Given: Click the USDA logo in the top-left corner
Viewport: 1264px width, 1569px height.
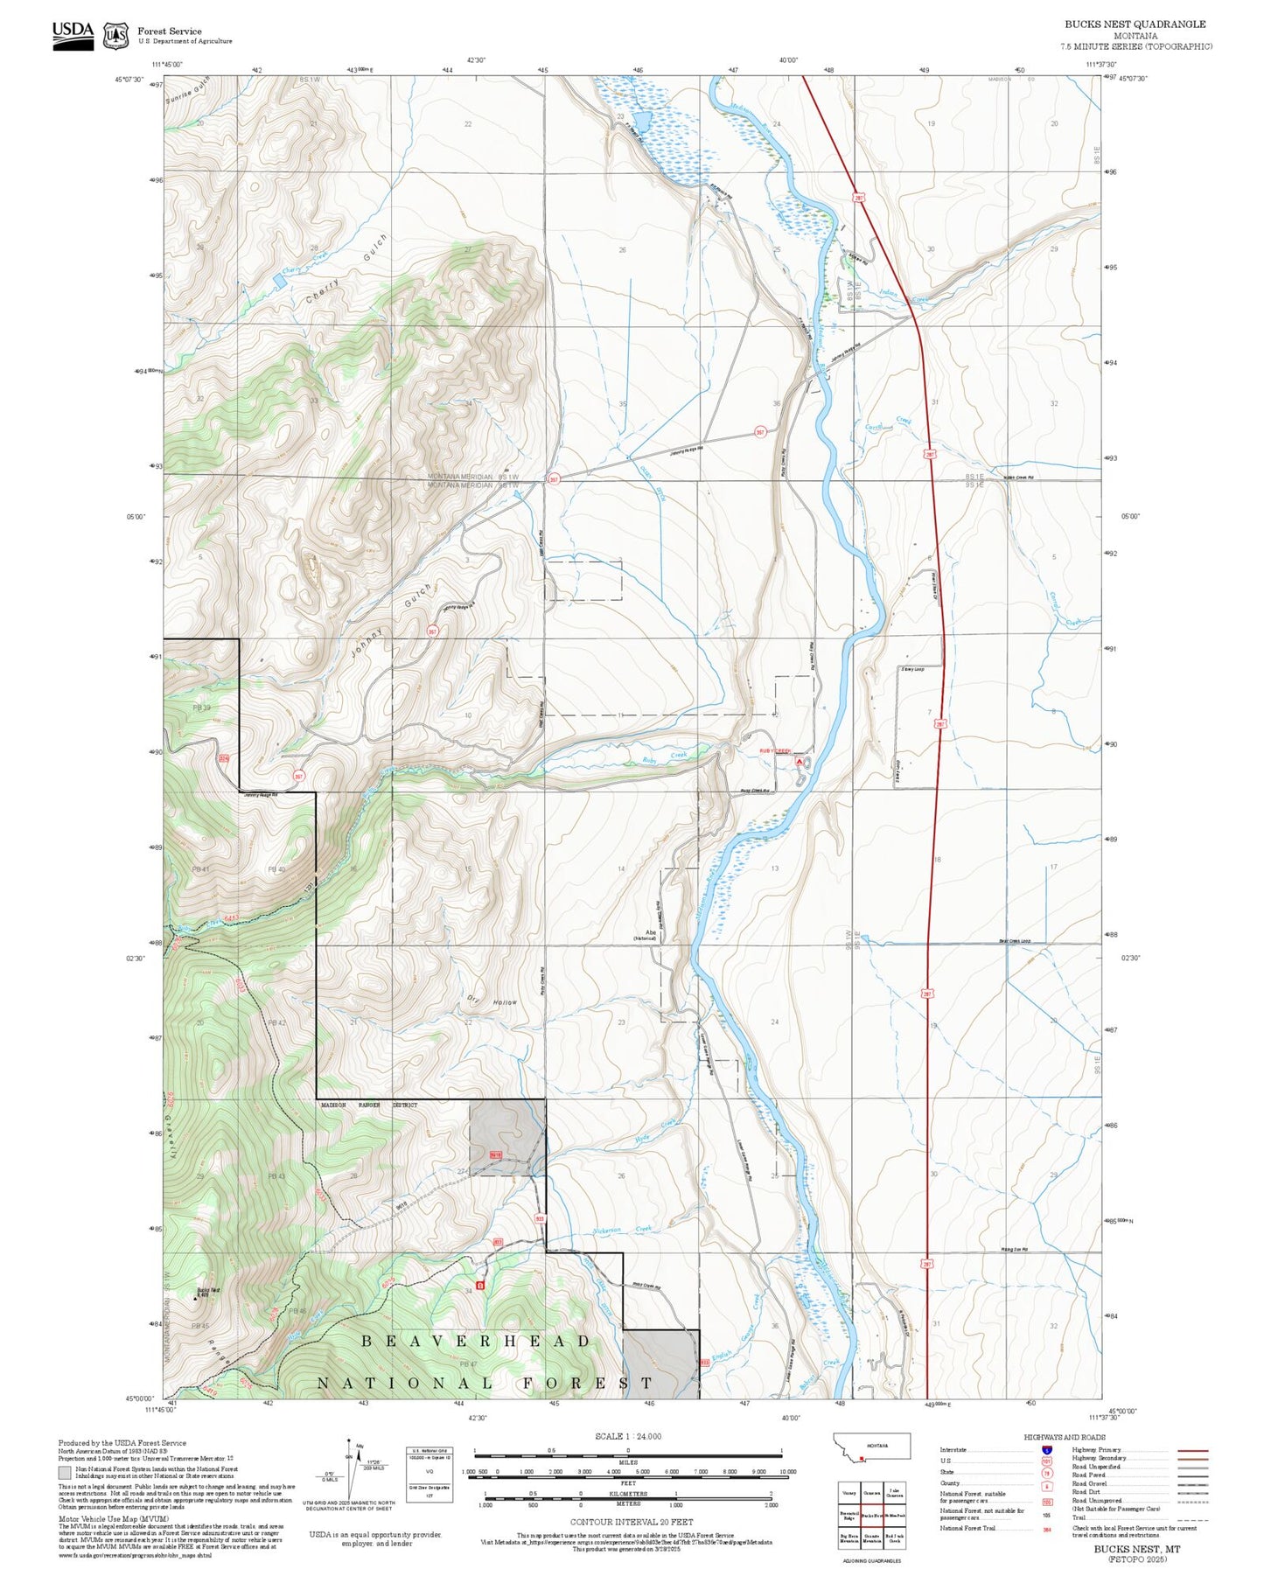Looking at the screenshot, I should coord(73,35).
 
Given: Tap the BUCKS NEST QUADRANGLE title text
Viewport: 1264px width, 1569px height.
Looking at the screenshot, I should coord(1135,24).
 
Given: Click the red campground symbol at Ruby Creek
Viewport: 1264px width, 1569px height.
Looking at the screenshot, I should coord(799,762).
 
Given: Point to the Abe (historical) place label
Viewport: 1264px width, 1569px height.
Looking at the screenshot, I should coord(651,935).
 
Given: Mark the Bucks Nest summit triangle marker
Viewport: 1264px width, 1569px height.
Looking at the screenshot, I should coord(195,1299).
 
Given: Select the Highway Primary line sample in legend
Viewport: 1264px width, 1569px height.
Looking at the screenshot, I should coord(1192,1450).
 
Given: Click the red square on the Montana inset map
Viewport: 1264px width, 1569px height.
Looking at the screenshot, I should coord(862,1458).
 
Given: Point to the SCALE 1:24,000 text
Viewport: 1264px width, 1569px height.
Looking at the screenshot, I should coord(627,1436).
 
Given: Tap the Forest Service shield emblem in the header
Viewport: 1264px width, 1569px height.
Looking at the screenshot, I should coord(115,36).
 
